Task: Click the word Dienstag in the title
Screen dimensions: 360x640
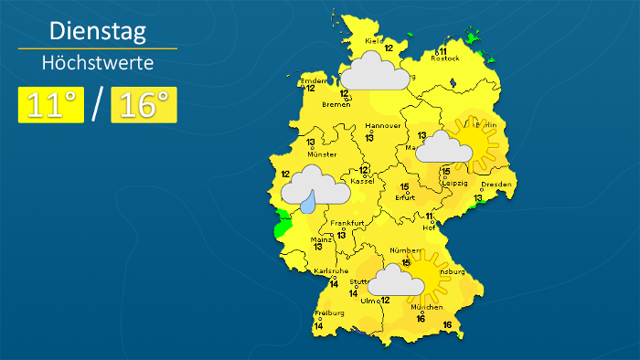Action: (97, 33)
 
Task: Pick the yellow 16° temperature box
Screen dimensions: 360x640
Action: (144, 105)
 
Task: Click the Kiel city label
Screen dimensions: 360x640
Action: (373, 41)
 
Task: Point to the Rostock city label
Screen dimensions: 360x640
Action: (444, 58)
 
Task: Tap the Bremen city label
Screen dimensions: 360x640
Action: (336, 104)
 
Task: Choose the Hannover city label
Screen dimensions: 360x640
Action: (383, 125)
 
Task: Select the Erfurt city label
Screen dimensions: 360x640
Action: (406, 197)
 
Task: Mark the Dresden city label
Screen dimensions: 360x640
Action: (496, 185)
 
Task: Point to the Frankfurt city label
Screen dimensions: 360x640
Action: (347, 224)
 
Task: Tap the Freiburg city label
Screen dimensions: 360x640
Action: (328, 312)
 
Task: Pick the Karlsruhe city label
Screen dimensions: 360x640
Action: (329, 271)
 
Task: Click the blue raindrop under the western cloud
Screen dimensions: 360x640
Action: (312, 200)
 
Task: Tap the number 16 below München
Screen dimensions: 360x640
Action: (421, 319)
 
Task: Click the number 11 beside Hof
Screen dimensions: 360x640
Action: (430, 217)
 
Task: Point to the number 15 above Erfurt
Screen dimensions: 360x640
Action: (404, 186)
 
